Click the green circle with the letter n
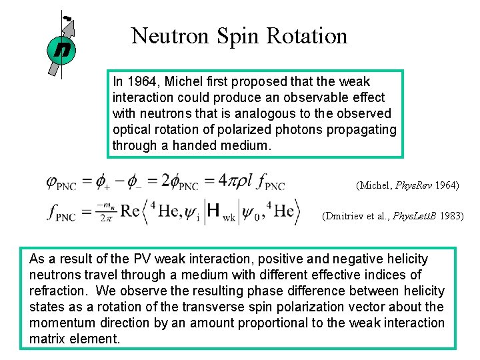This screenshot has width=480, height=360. point(61,49)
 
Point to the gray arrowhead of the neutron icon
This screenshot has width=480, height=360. point(70,25)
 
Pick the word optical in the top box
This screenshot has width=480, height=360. point(131,129)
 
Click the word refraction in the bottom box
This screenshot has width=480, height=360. point(55,291)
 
